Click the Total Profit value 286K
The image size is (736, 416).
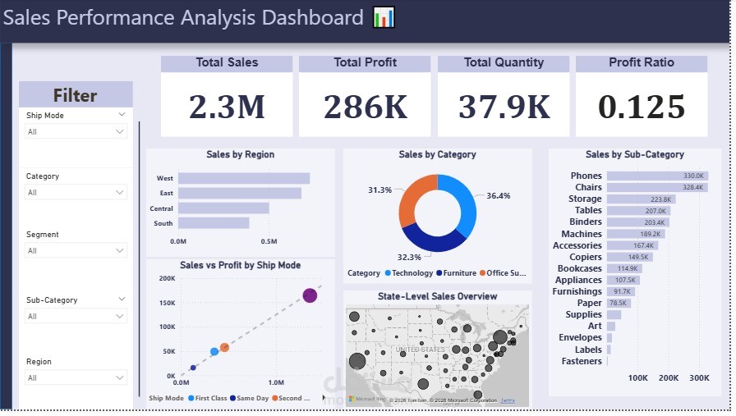coord(365,107)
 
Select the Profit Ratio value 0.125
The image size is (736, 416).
coord(642,107)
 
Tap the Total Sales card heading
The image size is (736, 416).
coord(227,62)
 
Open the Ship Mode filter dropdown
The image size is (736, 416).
coord(75,131)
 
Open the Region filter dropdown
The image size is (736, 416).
coord(75,377)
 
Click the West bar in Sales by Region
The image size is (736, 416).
coord(244,178)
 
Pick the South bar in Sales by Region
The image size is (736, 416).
coord(214,222)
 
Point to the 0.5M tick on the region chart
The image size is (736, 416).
coord(269,241)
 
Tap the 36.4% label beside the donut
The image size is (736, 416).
coord(498,196)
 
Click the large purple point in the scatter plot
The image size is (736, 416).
coord(310,295)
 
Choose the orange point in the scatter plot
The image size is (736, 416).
coord(224,347)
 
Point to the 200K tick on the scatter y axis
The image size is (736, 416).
coord(166,279)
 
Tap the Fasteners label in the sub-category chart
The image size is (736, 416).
coord(582,361)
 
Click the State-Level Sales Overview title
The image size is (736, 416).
coord(437,296)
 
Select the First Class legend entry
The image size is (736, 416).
coord(209,398)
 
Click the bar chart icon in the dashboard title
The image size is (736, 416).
coord(384,17)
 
